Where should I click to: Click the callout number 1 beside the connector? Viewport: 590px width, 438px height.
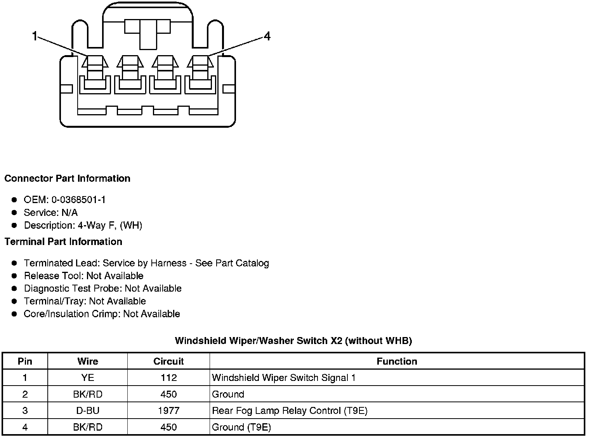point(35,36)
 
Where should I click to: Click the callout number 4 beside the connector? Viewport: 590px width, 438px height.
point(267,36)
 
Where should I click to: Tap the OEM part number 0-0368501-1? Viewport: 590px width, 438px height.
point(78,200)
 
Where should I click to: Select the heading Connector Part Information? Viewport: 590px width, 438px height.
point(67,179)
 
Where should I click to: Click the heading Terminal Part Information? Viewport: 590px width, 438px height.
point(63,242)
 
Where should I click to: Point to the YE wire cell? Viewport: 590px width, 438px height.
point(88,378)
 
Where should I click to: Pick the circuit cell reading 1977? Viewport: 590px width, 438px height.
point(168,411)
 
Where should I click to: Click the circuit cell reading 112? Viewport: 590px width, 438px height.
point(168,378)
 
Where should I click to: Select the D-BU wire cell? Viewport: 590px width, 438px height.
point(88,411)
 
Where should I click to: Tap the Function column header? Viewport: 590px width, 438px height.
point(397,362)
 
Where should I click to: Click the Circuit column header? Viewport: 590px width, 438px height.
point(168,362)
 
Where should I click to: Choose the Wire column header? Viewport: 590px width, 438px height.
point(88,362)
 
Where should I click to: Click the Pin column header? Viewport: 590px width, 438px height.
point(25,362)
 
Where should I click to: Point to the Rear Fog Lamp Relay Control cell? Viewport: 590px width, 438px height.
point(290,411)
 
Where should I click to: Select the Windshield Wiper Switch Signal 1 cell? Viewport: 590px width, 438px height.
point(284,378)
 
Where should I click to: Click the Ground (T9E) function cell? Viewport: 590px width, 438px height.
point(241,428)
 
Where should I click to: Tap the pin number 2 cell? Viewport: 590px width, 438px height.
point(25,395)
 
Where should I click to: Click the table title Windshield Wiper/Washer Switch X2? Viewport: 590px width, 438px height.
point(293,341)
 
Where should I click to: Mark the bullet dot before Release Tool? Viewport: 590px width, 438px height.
point(14,276)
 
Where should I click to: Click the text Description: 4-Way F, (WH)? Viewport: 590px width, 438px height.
point(83,226)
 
